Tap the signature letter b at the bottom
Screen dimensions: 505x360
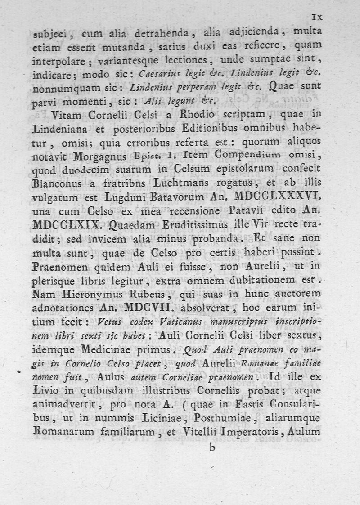(212, 448)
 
